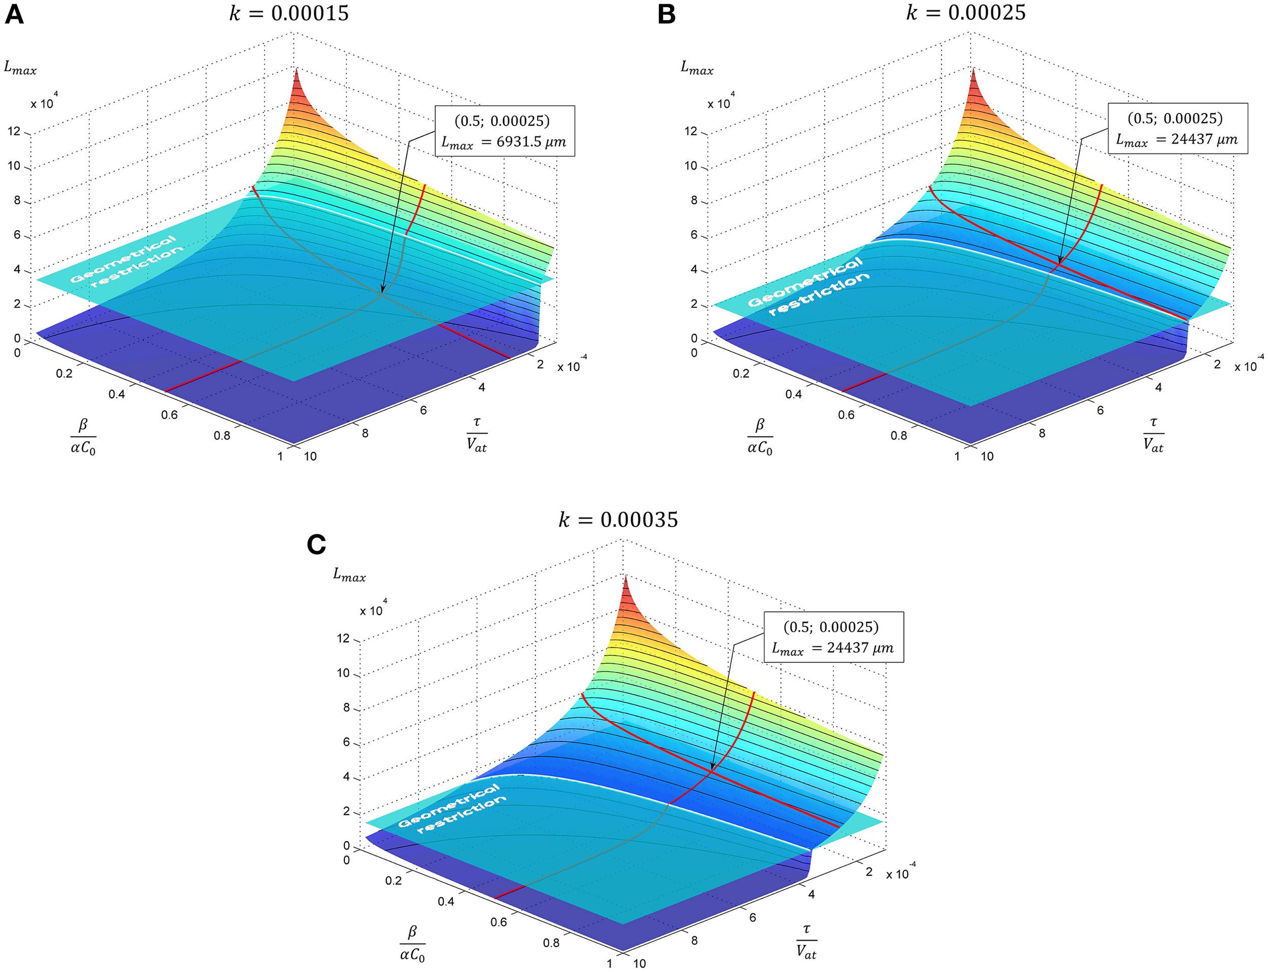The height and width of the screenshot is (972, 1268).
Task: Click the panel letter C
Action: click(x=316, y=544)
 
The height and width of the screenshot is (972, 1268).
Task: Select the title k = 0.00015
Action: click(x=289, y=13)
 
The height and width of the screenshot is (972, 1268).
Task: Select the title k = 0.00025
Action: click(x=965, y=12)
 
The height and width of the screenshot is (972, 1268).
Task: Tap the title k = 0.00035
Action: click(x=618, y=519)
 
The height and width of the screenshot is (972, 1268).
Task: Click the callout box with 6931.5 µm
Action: click(x=504, y=131)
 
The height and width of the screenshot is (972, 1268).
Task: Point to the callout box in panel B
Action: click(x=1177, y=128)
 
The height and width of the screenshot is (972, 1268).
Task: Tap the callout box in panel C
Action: click(x=833, y=637)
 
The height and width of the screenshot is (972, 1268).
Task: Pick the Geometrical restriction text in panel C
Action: click(x=451, y=809)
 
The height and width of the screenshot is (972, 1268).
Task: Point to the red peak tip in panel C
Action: click(x=625, y=577)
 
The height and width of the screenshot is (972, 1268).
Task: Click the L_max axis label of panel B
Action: click(x=696, y=68)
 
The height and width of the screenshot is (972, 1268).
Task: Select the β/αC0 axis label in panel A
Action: click(x=83, y=437)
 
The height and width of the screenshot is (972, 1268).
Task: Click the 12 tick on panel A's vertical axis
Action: click(x=14, y=131)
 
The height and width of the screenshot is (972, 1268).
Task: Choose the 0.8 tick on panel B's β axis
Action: click(x=899, y=435)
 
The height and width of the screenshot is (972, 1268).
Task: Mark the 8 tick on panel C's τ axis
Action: click(x=694, y=940)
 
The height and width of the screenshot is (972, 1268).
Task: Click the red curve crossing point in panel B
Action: click(x=1059, y=265)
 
